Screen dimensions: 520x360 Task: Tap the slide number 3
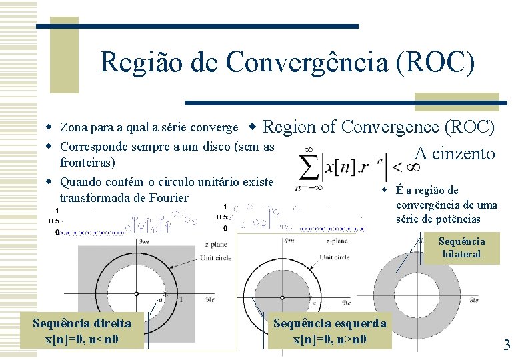[x=507, y=345]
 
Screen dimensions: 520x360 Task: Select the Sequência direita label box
[x=82, y=331]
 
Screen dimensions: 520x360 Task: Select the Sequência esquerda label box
[x=330, y=331]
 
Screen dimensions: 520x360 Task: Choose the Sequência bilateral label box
[x=461, y=247]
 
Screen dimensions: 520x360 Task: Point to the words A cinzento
[x=455, y=154]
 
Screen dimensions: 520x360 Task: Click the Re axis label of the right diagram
[x=474, y=301]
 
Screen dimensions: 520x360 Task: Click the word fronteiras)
[x=87, y=163]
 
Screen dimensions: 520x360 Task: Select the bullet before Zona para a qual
[x=49, y=127]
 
